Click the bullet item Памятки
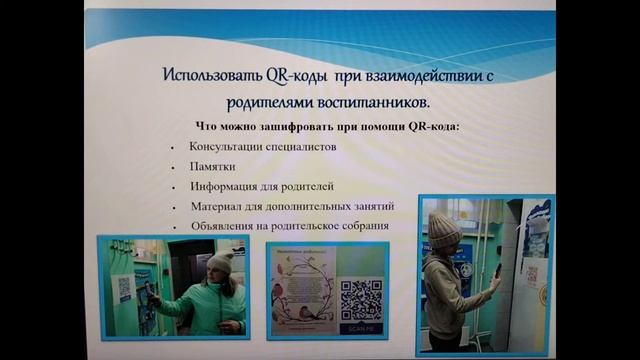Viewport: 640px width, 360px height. [x=212, y=166]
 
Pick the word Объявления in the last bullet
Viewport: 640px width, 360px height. [x=227, y=226]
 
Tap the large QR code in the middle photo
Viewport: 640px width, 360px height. [x=361, y=298]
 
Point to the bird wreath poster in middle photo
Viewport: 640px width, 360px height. [x=303, y=297]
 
